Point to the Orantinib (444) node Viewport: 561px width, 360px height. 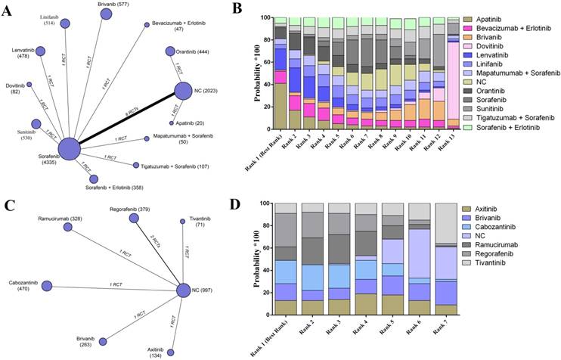pos(171,51)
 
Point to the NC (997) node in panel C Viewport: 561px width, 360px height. pos(184,290)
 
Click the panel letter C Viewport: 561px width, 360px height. pos(8,203)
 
